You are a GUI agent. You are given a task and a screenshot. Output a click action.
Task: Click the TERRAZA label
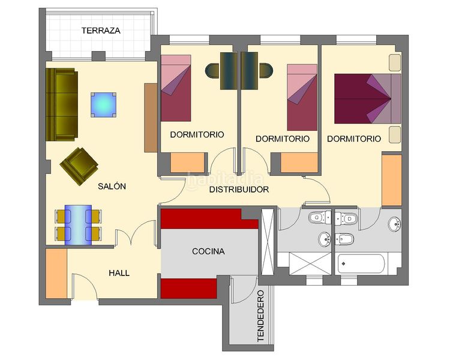pos(101,31)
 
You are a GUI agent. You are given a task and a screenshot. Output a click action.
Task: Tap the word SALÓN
pos(112,187)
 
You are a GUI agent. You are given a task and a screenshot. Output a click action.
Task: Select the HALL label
pos(119,273)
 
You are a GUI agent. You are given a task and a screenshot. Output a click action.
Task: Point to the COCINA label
pos(208,251)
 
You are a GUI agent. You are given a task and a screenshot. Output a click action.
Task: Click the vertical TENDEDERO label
pos(260,316)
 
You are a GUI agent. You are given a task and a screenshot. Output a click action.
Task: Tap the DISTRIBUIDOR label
pos(239,190)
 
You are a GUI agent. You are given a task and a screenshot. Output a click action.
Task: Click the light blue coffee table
pos(104,105)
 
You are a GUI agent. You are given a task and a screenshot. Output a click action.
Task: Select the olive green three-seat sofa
pos(62,104)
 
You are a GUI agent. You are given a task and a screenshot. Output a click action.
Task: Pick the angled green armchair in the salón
pos(79,166)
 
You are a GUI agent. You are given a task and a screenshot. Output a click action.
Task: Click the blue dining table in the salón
pos(78,225)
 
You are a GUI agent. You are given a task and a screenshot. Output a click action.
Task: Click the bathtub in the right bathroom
pos(361,264)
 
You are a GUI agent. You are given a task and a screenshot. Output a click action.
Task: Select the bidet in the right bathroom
pos(344,239)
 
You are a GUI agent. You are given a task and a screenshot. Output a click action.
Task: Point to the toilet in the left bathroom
pos(320,217)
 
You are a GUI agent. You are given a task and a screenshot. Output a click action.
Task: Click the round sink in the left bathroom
pos(325,239)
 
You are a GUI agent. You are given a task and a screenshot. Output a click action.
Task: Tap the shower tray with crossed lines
pos(310,263)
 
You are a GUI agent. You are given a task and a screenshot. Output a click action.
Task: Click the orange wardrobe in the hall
pos(56,274)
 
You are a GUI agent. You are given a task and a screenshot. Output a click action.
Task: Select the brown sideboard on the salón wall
pos(151,118)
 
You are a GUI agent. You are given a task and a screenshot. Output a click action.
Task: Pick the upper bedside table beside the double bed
pos(395,62)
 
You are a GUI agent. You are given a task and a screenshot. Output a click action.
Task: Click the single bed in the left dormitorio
pos(176,88)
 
